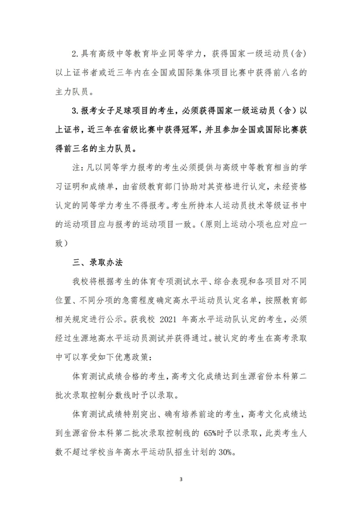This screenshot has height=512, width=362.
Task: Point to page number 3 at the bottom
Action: click(181, 479)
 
